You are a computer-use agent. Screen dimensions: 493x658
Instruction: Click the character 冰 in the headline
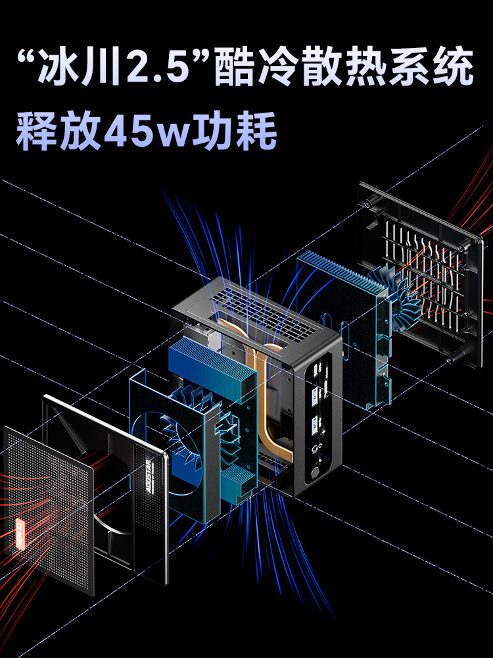tap(69, 67)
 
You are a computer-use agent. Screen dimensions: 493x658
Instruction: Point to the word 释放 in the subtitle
tap(56, 130)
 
